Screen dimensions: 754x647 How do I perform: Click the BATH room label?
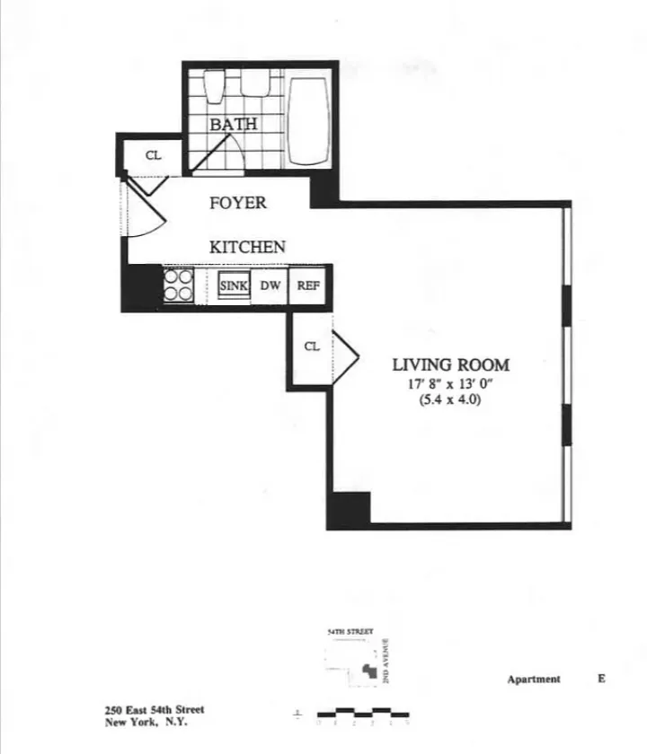(234, 124)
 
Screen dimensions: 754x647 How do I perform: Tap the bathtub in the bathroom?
(308, 121)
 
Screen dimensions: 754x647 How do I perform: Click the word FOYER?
(238, 203)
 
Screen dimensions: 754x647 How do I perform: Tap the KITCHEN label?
(248, 247)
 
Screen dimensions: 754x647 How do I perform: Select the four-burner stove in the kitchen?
(179, 285)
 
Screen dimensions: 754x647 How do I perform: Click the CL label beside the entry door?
(154, 154)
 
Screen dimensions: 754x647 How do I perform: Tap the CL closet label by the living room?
(311, 346)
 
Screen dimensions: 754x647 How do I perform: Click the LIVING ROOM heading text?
(450, 364)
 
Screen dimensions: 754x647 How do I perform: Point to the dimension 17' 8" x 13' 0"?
(450, 384)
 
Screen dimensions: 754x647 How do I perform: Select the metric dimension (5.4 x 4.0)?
(450, 401)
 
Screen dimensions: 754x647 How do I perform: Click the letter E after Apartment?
(601, 679)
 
